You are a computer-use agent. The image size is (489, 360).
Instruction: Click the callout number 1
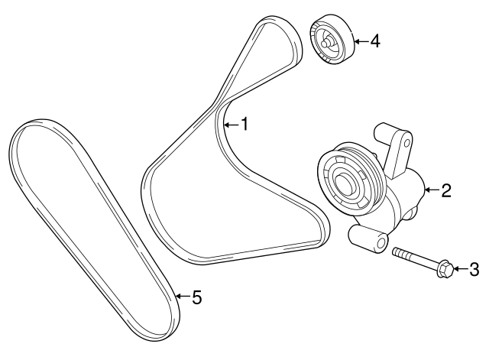pyautogui.click(x=244, y=123)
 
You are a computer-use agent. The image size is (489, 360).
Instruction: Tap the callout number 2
pyautogui.click(x=447, y=190)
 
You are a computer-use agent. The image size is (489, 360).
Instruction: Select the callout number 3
pyautogui.click(x=474, y=268)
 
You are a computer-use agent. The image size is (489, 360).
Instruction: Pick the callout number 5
pyautogui.click(x=196, y=297)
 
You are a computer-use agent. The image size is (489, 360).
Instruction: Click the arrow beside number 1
pyautogui.click(x=231, y=123)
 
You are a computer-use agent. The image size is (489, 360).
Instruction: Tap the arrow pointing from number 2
pyautogui.click(x=432, y=190)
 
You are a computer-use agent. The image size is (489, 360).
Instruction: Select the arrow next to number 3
pyautogui.click(x=460, y=268)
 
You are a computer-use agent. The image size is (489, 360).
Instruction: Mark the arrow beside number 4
pyautogui.click(x=361, y=41)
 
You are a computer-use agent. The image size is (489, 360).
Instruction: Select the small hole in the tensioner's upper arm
pyautogui.click(x=407, y=142)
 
